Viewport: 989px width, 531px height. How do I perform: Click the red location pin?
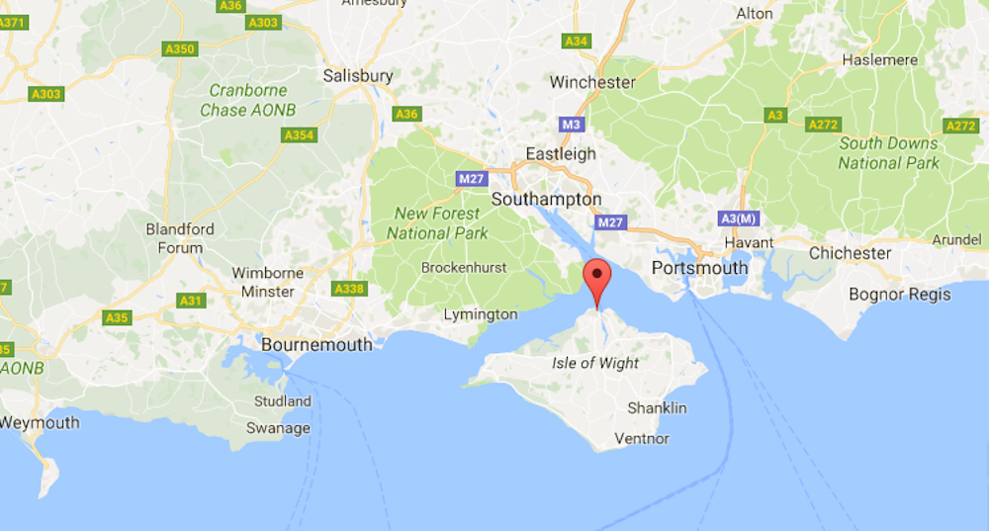pos(596,277)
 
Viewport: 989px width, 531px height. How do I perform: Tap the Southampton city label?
pos(546,199)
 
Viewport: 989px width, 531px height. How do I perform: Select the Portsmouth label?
pos(700,268)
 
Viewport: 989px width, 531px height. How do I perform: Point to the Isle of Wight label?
pos(595,363)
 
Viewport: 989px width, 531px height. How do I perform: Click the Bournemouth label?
pos(316,345)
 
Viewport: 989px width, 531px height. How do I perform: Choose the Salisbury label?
pos(358,75)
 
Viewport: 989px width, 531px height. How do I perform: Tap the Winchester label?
pos(592,82)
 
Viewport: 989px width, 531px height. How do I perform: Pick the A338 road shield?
pos(350,288)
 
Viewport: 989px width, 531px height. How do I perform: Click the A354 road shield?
pos(298,134)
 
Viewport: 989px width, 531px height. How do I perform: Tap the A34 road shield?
pos(577,41)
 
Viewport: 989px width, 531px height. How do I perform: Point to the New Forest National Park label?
pos(437,222)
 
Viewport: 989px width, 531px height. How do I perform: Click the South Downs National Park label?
pos(889,152)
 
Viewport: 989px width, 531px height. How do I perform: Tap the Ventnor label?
pos(642,438)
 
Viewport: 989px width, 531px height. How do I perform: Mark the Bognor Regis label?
pos(900,294)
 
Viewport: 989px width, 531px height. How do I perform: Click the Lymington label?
pos(481,314)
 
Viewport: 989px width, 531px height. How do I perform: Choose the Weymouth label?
pos(40,422)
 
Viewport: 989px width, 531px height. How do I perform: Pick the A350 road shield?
pos(180,48)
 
